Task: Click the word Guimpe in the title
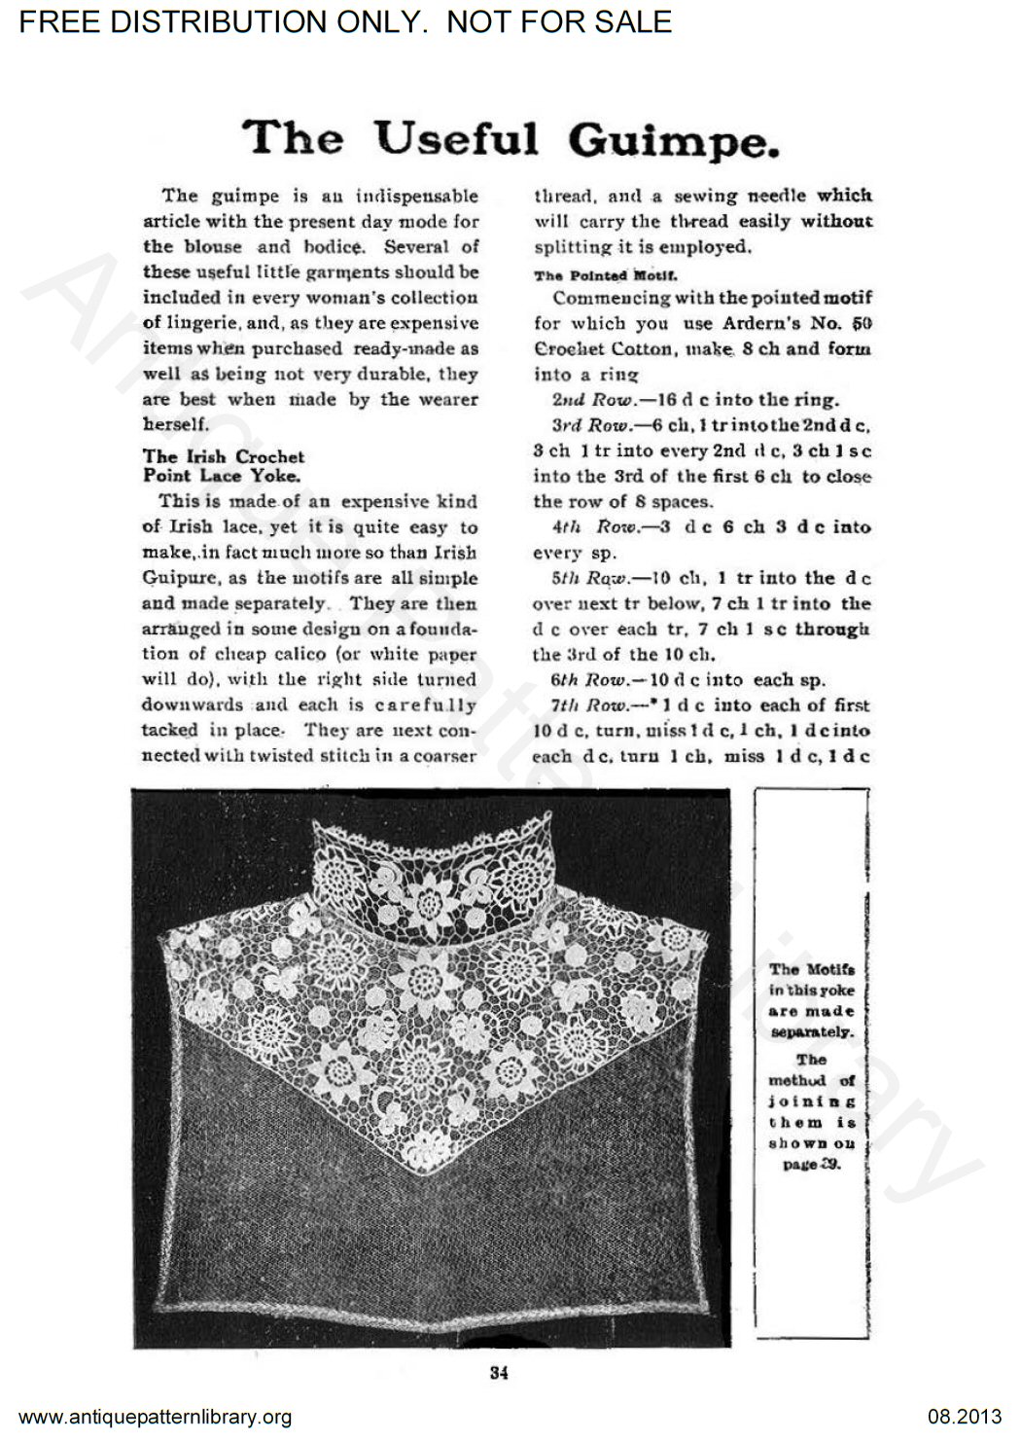click(674, 140)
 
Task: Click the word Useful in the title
click(456, 138)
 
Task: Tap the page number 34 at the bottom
click(499, 1373)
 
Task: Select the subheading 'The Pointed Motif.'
click(598, 275)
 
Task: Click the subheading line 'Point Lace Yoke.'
click(222, 475)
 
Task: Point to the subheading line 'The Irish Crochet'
click(224, 455)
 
